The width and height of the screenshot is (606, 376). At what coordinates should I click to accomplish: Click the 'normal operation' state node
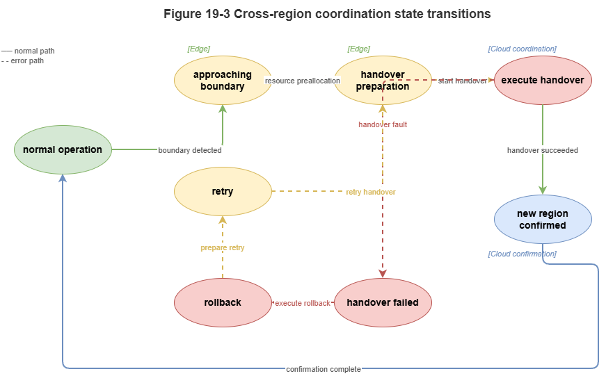63,150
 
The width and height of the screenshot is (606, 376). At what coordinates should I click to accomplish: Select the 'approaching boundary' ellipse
223,81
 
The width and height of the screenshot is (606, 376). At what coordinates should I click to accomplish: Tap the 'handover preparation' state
383,81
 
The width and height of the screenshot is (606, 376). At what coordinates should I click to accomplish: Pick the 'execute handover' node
543,81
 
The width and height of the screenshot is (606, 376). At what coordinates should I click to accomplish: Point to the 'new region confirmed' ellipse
543,220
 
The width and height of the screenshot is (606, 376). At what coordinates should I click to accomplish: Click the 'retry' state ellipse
223,192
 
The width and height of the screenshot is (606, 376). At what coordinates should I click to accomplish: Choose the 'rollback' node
223,303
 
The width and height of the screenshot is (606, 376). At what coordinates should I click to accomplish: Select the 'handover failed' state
383,303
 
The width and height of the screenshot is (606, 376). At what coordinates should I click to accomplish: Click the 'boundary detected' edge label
190,150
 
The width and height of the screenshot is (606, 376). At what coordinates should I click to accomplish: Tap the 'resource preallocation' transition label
303,81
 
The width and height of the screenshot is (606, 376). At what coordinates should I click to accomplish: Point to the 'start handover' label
463,81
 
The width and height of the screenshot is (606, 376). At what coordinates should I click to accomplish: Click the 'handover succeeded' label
543,150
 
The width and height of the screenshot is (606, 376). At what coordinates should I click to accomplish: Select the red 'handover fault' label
383,124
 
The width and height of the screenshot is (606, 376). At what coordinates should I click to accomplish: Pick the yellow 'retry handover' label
371,192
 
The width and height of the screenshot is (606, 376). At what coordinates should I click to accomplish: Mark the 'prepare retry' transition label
223,247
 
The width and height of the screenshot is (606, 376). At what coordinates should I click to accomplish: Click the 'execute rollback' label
303,303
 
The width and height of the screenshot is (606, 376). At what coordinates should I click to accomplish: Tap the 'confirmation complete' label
324,369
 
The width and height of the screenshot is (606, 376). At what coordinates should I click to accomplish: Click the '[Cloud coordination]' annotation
522,49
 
